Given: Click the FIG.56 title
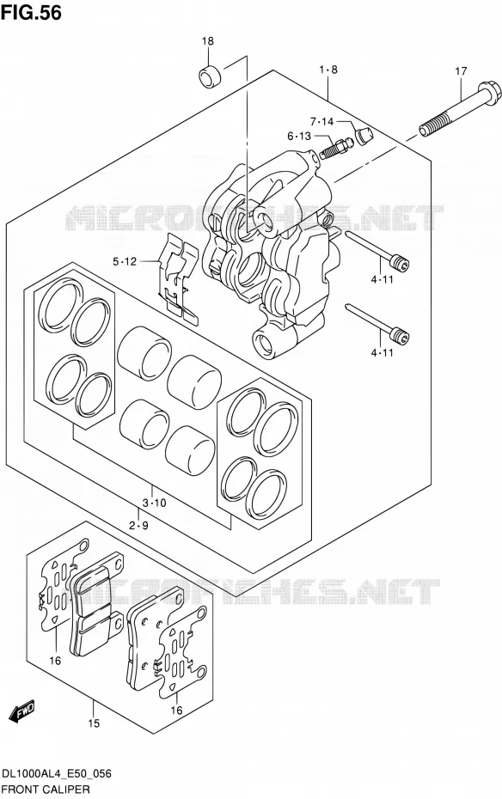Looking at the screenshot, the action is point(31,13).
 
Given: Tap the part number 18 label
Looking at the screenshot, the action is point(208,41).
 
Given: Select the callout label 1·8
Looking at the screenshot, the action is point(328,70).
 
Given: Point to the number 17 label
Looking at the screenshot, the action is point(461,71).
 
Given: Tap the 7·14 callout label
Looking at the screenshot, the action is point(321,122).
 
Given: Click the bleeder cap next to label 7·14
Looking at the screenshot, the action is point(364,136).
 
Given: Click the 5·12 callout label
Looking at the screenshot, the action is point(125,261).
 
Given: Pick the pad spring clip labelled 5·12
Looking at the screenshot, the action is point(178,278).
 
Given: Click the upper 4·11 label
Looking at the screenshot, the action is point(382,279).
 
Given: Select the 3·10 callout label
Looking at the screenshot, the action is point(154,503).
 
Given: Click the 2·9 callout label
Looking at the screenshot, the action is point(138,525).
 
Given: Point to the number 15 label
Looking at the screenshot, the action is point(94,723).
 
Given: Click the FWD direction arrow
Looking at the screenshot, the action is point(21,710).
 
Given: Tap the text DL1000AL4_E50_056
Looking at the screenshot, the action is point(57,775).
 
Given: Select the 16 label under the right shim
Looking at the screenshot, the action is point(176,711).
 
